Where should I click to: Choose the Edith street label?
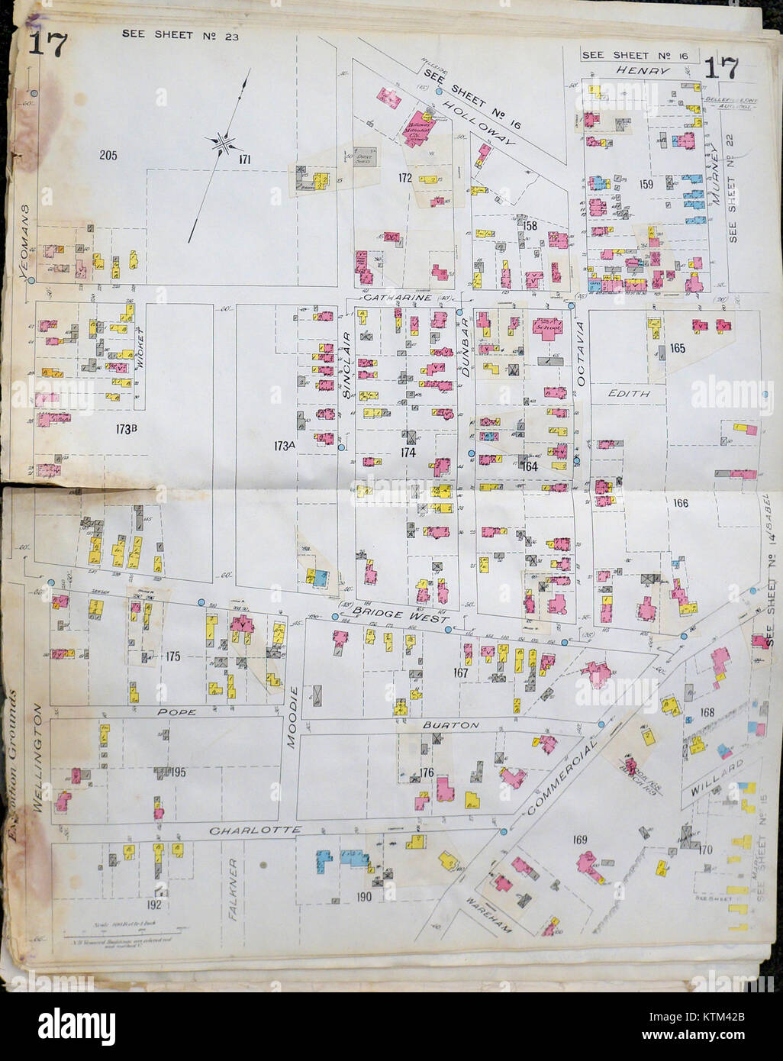tap(628, 394)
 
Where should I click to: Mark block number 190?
tap(363, 897)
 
